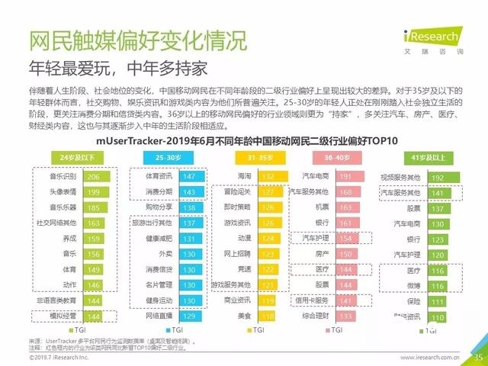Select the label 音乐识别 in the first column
click(63, 176)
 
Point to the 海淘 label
click(244, 176)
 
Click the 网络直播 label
click(159, 316)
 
